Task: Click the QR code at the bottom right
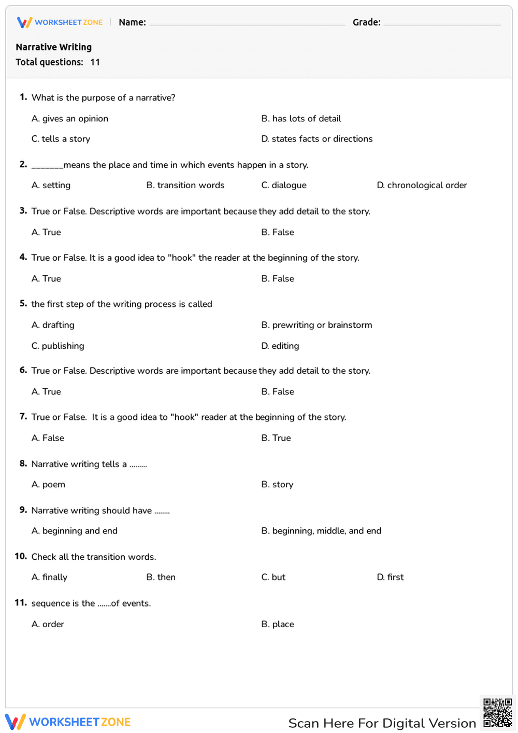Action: pyautogui.click(x=497, y=713)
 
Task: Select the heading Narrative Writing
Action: pyautogui.click(x=54, y=47)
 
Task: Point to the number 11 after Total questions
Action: pyautogui.click(x=95, y=62)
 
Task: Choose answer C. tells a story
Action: pyautogui.click(x=61, y=139)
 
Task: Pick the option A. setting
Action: pyautogui.click(x=51, y=185)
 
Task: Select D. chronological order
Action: pyautogui.click(x=422, y=185)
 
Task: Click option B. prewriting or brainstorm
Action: pyautogui.click(x=316, y=325)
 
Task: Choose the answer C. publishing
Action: pyautogui.click(x=57, y=346)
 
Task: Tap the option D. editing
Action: pyautogui.click(x=280, y=346)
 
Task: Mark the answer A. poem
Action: pyautogui.click(x=48, y=485)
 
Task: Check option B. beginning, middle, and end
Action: pyautogui.click(x=321, y=531)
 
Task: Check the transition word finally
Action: pyautogui.click(x=49, y=577)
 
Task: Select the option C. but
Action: pyautogui.click(x=274, y=577)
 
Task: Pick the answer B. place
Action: pyautogui.click(x=278, y=624)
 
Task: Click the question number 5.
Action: pyautogui.click(x=23, y=304)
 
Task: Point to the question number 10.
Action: pyautogui.click(x=21, y=556)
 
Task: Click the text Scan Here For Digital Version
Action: pyautogui.click(x=382, y=723)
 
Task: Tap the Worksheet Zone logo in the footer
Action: pyautogui.click(x=68, y=722)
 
